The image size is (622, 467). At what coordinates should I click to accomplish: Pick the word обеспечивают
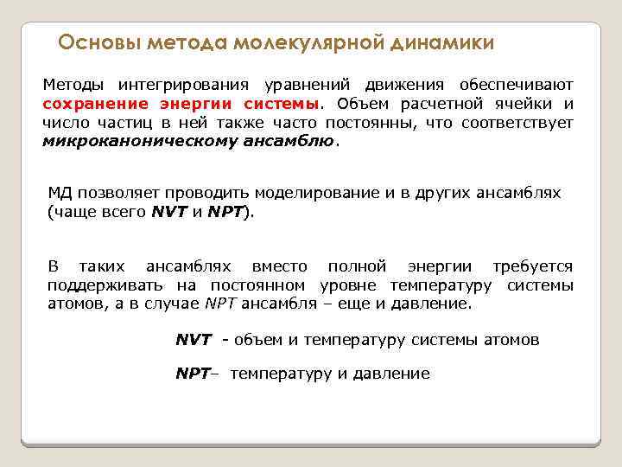pos(516,85)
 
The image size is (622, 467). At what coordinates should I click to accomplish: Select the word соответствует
pos(517,123)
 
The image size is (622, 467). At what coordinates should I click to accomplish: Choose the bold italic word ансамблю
pos(279,142)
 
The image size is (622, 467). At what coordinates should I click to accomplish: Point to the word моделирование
pos(304,192)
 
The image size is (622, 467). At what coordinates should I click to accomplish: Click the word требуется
pos(532,266)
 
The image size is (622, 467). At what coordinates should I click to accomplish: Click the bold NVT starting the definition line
pos(194,340)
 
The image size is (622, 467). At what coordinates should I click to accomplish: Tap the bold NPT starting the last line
pos(192,374)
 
